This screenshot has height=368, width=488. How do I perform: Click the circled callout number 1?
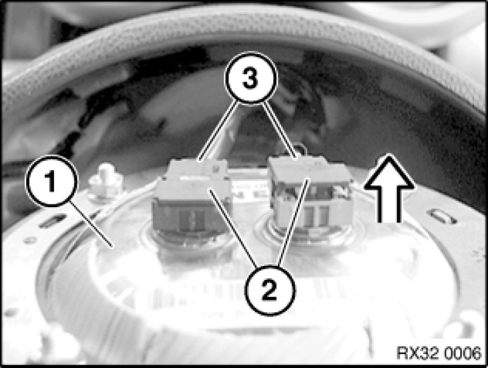tap(51, 181)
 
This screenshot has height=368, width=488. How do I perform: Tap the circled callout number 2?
tap(269, 291)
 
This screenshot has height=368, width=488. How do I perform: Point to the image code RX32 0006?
tap(439, 353)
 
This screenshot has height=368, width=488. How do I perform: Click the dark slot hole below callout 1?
tap(53, 221)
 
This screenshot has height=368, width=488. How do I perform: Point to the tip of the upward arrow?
tap(389, 154)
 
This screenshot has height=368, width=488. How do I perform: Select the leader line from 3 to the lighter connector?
tap(279, 131)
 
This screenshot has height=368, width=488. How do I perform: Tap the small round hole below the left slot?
tap(30, 240)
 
